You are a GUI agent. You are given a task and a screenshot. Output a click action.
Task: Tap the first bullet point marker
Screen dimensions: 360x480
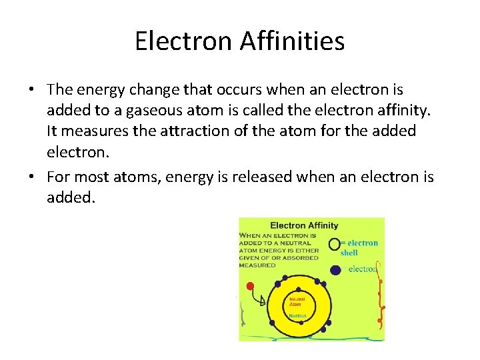(32, 90)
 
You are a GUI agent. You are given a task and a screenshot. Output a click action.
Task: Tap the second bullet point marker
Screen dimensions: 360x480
(32, 177)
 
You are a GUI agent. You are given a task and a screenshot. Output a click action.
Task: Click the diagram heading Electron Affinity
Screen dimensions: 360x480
(304, 225)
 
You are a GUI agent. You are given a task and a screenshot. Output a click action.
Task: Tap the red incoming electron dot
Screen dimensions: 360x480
(251, 287)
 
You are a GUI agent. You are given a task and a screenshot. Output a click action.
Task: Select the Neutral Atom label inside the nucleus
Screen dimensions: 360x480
(295, 303)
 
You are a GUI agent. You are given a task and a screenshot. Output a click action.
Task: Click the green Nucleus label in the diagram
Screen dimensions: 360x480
(297, 315)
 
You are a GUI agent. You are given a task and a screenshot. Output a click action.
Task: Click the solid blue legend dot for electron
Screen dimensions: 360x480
(336, 270)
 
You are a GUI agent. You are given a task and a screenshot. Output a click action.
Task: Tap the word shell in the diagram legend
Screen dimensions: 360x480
(349, 253)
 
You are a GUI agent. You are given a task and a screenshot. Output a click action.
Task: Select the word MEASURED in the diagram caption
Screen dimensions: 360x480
(257, 265)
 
